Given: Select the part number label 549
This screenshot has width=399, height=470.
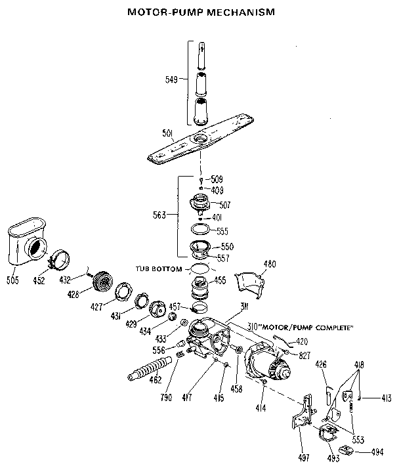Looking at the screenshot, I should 171,81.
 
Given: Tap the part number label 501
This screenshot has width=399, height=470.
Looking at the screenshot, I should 167,135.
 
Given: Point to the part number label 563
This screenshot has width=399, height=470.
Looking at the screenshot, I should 159,215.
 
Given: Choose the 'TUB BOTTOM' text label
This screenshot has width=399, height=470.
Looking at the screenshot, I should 157,268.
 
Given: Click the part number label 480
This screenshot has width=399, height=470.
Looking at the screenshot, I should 269,265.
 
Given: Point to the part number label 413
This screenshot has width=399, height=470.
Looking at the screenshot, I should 387,397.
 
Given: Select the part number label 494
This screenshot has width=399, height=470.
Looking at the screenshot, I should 377,452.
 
